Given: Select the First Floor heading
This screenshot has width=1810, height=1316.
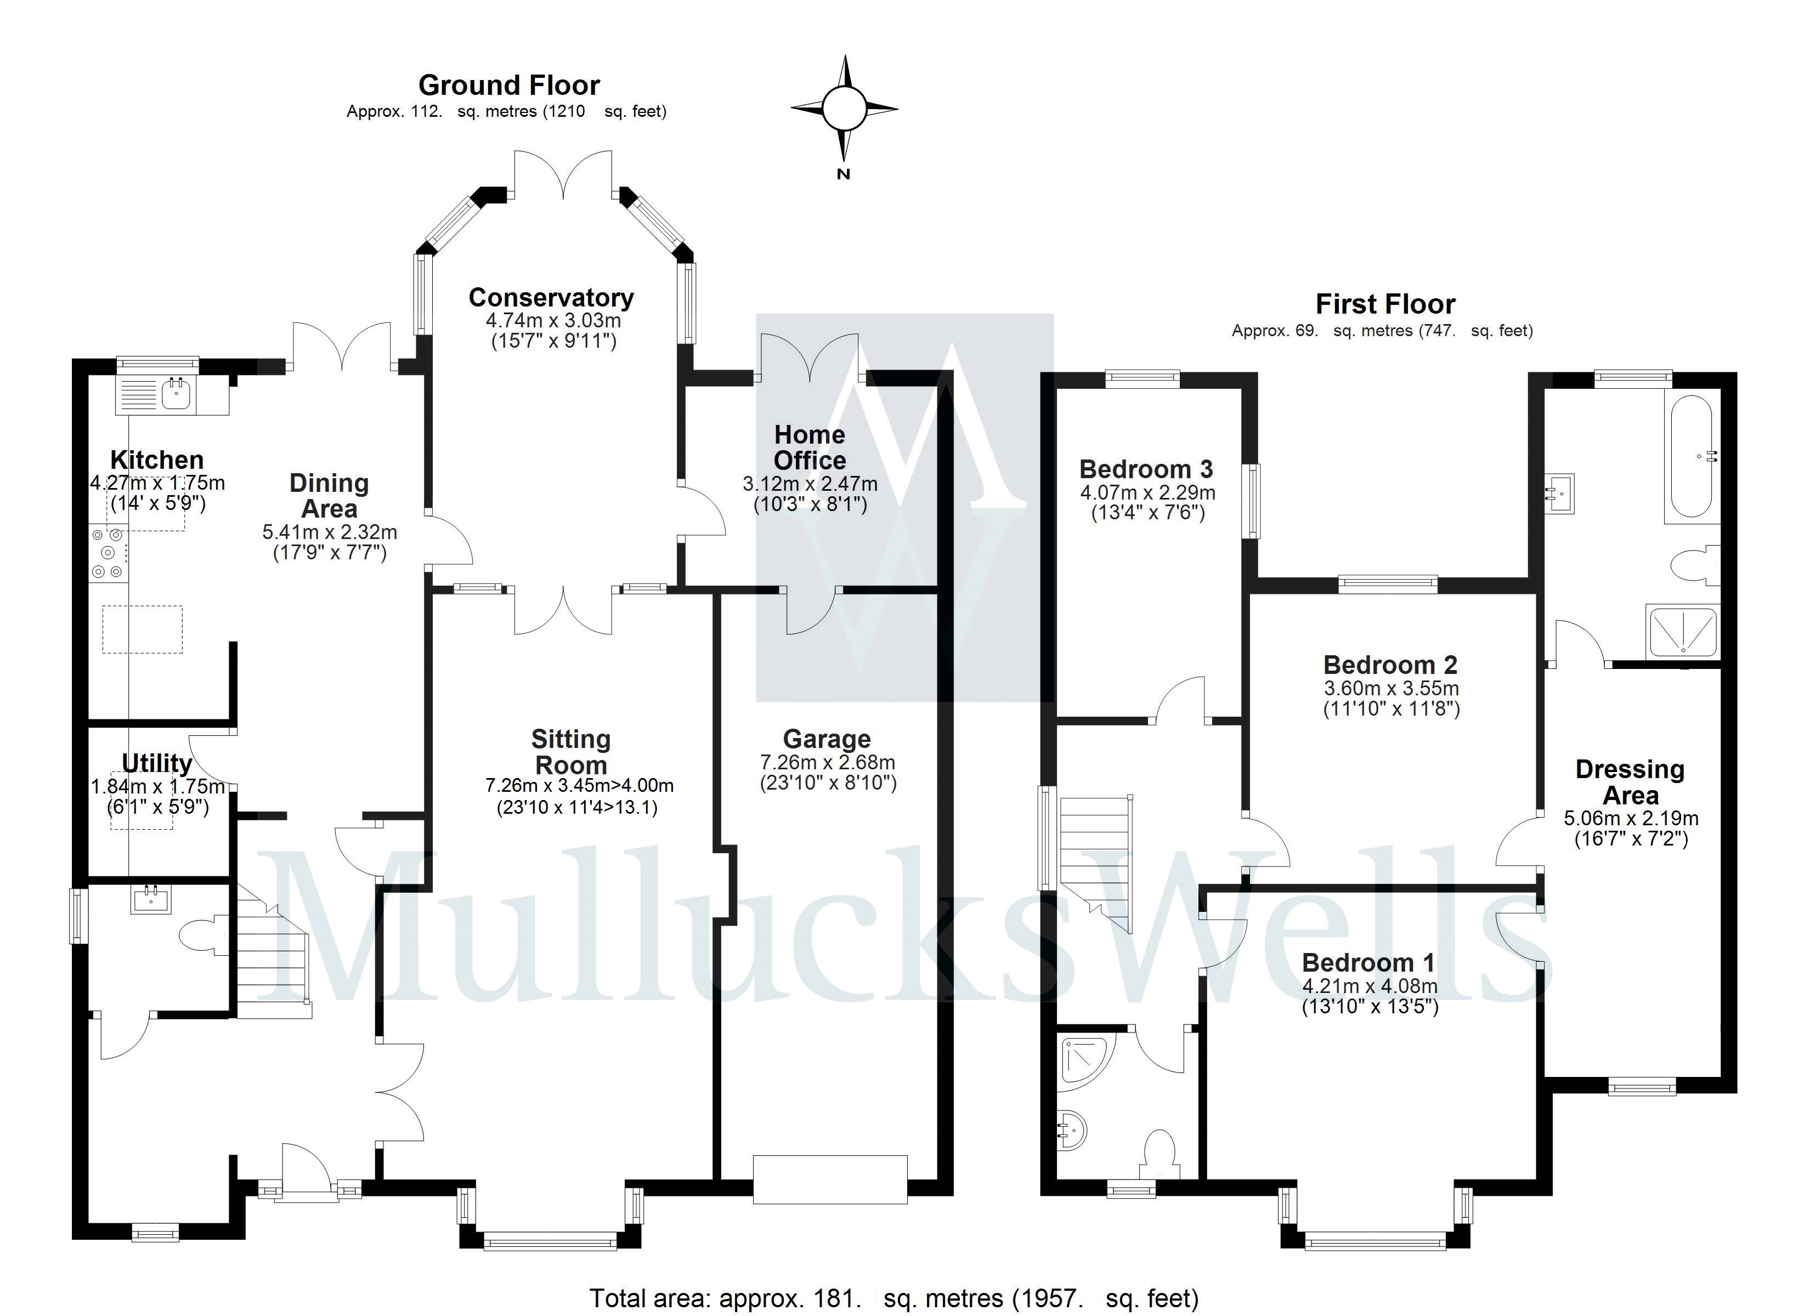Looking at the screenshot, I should (x=1384, y=304).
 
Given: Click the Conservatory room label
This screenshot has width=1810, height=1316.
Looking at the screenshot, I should (x=551, y=298).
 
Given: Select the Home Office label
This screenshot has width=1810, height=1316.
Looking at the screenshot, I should (x=809, y=447).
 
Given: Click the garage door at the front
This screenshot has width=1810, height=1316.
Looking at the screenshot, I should (x=830, y=1179).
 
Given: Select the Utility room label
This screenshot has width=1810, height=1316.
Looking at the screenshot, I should (x=157, y=763).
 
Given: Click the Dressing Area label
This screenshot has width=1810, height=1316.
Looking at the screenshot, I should (x=1630, y=782).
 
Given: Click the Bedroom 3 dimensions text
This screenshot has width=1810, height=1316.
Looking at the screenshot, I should (x=1147, y=502).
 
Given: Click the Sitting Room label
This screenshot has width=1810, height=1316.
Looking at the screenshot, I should (x=570, y=752).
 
